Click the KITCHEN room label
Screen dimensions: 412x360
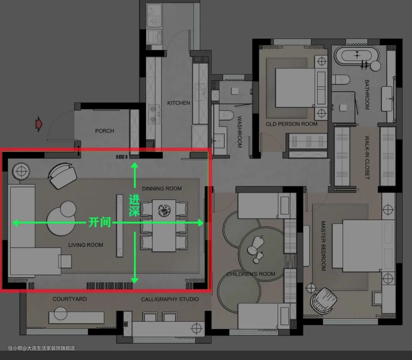click(179, 103)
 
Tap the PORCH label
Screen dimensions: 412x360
click(105, 131)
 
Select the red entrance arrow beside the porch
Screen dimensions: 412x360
click(39, 124)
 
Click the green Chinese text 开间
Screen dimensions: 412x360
click(100, 222)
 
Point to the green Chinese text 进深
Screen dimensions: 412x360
click(134, 205)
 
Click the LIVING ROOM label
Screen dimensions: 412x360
click(86, 245)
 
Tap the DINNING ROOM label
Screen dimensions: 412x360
click(162, 188)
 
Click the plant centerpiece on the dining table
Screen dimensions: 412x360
click(164, 211)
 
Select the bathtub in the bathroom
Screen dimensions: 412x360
click(357, 56)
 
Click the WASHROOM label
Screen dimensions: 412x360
click(239, 132)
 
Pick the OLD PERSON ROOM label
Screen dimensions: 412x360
click(292, 124)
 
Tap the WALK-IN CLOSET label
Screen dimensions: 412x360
click(367, 157)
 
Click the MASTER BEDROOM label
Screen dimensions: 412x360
click(323, 246)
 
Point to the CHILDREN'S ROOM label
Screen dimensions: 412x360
click(251, 274)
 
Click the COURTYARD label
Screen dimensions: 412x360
click(70, 299)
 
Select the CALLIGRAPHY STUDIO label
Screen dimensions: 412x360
click(170, 299)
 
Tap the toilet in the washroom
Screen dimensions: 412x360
click(226, 115)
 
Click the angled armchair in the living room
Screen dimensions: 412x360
click(62, 175)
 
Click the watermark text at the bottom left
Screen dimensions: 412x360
click(41, 348)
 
